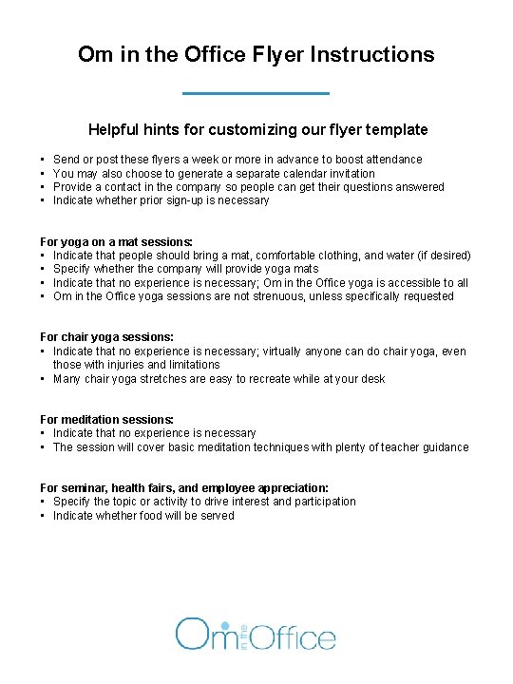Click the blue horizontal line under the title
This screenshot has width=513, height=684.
256,93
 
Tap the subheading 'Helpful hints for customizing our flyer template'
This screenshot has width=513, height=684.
257,129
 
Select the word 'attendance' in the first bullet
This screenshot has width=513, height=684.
392,160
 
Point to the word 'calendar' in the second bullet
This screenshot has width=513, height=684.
271,173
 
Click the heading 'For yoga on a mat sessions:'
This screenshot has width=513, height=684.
116,242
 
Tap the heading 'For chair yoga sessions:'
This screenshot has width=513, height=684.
106,337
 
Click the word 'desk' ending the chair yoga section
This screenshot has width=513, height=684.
373,379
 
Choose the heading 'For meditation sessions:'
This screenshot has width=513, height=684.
106,419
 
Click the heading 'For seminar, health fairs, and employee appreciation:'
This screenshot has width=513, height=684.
184,487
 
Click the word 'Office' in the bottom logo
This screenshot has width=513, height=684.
295,636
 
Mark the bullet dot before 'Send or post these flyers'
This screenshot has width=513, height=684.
44,160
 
